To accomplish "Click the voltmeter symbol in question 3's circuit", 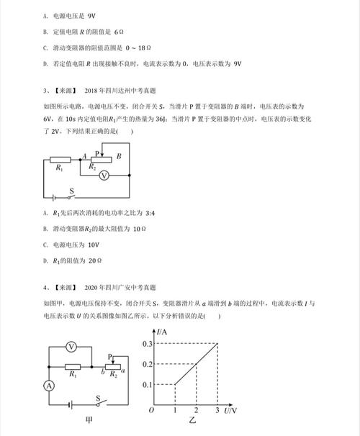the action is click(102, 176).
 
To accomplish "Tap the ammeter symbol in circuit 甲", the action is click(49, 386).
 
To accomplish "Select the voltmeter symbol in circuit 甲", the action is click(71, 347).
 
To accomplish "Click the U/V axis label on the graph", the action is click(231, 411).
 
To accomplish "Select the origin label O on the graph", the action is click(150, 411).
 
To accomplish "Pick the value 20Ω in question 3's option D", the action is click(89, 261).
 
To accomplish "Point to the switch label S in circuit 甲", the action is click(99, 396).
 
